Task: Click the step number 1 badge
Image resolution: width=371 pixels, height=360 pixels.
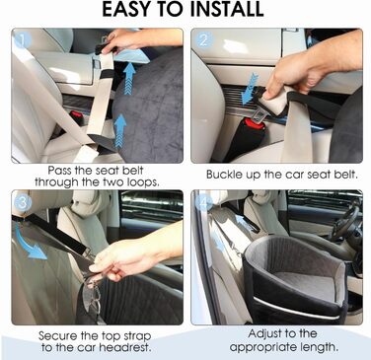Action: pos(23,40)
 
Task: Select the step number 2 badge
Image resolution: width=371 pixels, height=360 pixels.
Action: pos(203,40)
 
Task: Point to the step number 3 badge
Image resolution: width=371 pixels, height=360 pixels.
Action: pos(23,203)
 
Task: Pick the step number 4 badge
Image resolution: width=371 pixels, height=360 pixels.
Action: pos(203,203)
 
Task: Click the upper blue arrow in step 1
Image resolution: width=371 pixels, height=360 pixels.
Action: pos(129,78)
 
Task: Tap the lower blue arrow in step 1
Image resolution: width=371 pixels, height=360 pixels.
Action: pos(121,132)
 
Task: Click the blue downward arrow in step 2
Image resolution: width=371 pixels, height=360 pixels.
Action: pos(250,89)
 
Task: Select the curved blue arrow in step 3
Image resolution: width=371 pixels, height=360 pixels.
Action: pos(28,244)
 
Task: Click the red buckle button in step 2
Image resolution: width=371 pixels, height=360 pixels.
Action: pos(255,123)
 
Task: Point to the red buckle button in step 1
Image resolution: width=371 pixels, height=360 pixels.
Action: pos(76,115)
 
